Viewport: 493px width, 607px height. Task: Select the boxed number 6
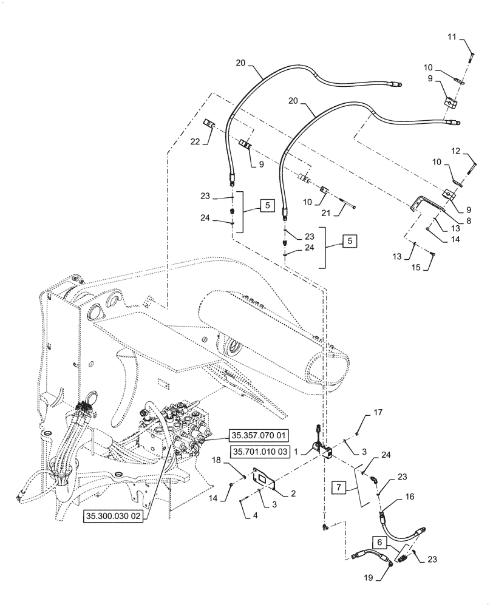pyautogui.click(x=379, y=540)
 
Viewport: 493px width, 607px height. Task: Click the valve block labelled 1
pyautogui.click(x=319, y=450)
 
